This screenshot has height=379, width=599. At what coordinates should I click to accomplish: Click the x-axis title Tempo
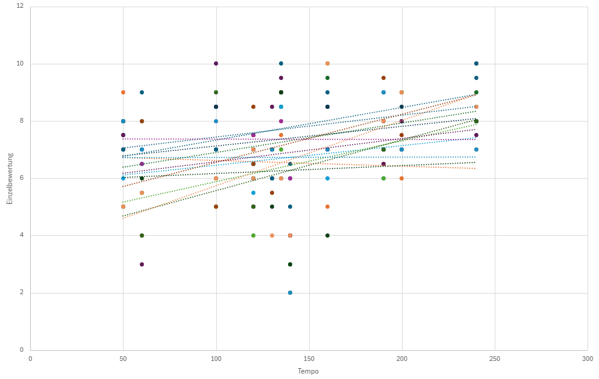tap(308, 371)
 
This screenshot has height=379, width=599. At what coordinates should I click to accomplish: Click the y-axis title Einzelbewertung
tap(10, 178)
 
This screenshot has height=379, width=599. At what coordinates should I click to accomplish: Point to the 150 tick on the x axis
tap(309, 358)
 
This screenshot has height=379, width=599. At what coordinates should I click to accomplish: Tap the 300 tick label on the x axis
tap(588, 358)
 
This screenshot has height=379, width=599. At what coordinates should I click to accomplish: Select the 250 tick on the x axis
tap(495, 358)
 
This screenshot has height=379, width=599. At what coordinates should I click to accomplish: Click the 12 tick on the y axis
tap(20, 6)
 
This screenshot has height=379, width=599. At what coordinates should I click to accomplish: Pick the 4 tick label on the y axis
tap(22, 235)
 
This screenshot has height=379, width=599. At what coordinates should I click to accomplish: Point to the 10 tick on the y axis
tap(20, 64)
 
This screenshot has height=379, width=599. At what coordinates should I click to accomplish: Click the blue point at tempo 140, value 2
tap(290, 293)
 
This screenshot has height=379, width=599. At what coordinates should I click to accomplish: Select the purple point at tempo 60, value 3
tap(142, 264)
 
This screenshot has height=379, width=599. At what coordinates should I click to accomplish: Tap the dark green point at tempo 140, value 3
tap(290, 264)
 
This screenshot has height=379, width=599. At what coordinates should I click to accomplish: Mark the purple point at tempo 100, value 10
tap(216, 63)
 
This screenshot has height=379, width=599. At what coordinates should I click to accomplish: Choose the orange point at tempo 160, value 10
tap(327, 63)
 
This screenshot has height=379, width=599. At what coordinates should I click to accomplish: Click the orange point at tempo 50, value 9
tap(123, 92)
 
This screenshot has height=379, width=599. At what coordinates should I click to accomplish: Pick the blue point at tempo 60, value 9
tap(142, 92)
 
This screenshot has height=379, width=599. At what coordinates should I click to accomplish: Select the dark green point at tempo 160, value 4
tap(327, 235)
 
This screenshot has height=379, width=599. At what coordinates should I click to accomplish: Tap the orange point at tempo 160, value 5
tap(327, 207)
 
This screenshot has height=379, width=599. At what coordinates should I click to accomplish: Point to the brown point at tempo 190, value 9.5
tap(383, 78)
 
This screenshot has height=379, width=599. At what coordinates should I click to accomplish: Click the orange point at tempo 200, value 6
tap(402, 178)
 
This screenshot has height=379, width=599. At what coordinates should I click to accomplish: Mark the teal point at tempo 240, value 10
tap(476, 63)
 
